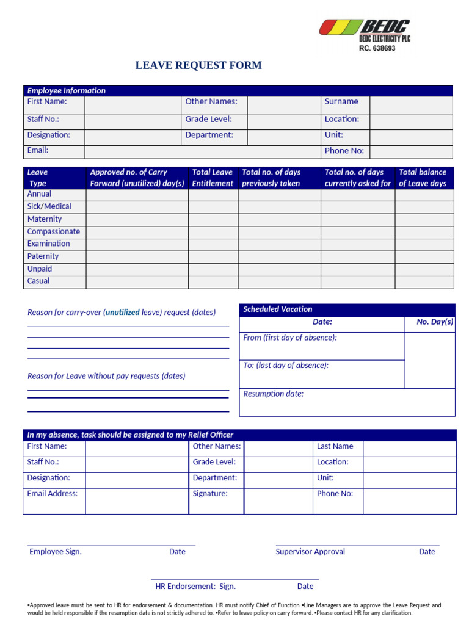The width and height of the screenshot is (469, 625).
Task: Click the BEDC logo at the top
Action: click(365, 28)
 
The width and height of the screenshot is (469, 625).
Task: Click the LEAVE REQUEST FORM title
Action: click(198, 65)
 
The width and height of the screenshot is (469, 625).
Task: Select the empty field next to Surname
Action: click(411, 105)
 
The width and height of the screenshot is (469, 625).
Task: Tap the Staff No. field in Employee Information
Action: click(133, 121)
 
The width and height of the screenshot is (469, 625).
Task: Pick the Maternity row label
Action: click(45, 219)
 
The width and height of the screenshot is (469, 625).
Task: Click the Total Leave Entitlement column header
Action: click(213, 178)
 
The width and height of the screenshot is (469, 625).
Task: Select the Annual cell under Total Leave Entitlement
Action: click(213, 195)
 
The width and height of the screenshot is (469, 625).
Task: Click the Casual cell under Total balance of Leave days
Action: click(424, 282)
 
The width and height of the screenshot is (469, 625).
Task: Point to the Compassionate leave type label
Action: click(54, 232)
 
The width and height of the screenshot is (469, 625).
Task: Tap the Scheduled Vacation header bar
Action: click(346, 309)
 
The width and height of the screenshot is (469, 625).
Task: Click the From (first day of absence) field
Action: click(322, 345)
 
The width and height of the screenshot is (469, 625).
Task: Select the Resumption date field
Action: click(346, 402)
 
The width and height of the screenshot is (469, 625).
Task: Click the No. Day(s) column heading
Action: click(435, 322)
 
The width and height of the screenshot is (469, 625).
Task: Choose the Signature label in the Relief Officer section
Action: click(210, 494)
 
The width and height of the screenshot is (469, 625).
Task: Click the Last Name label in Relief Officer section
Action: click(335, 446)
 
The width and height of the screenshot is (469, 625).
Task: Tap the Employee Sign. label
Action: click(56, 552)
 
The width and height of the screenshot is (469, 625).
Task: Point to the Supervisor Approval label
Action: click(310, 552)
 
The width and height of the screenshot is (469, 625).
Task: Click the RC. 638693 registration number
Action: click(377, 49)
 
